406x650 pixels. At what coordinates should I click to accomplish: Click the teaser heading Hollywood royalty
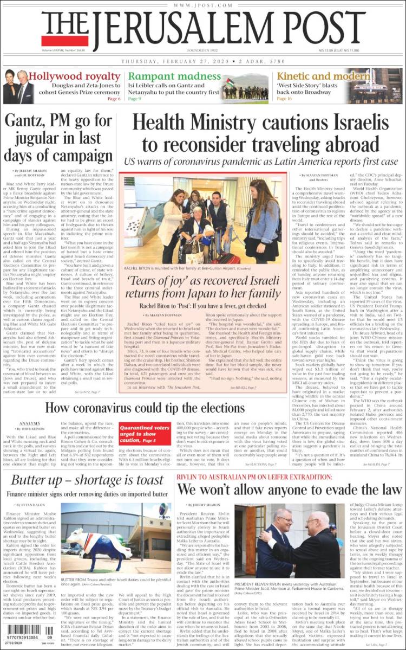tap(74, 76)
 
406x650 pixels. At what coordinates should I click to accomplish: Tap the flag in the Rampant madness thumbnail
tap(230, 83)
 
